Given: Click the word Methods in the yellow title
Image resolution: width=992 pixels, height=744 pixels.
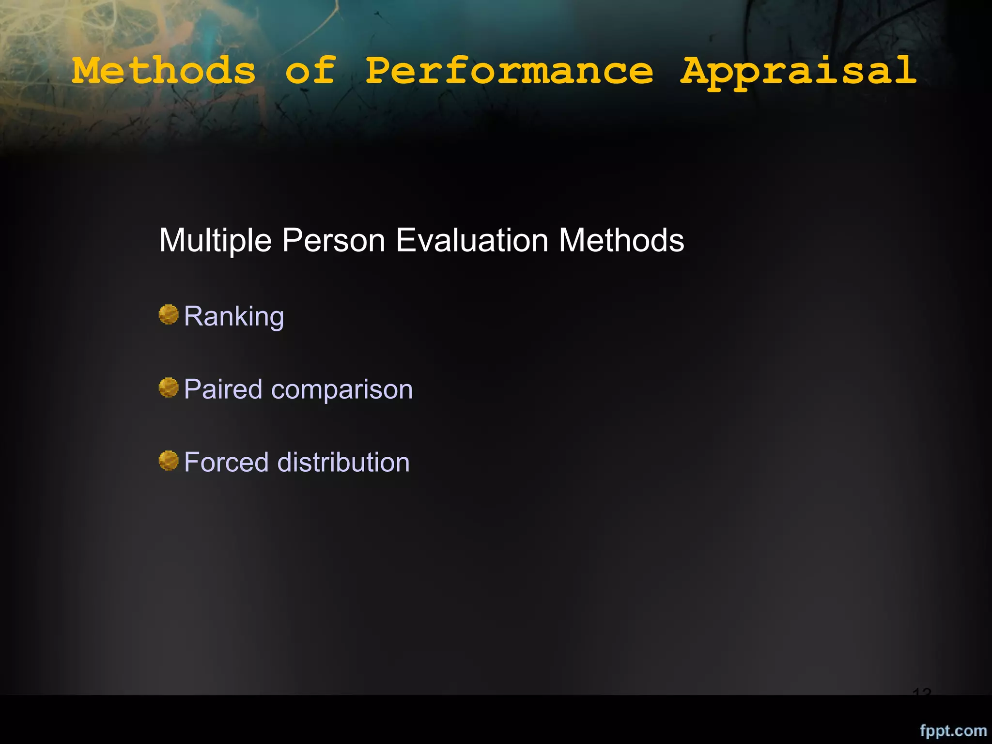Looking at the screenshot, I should [164, 71].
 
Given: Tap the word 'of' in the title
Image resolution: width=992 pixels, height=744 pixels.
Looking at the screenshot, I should [310, 71].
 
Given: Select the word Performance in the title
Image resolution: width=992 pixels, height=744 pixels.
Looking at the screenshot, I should [509, 71].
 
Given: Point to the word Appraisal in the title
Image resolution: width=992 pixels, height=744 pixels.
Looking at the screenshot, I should [798, 72].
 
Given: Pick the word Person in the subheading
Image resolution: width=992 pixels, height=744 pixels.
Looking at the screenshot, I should [334, 241].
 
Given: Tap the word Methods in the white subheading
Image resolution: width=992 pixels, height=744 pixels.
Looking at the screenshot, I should [621, 241].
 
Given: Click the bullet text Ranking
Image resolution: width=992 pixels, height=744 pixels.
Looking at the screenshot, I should [234, 317].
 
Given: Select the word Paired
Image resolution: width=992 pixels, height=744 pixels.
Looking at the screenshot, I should [223, 389].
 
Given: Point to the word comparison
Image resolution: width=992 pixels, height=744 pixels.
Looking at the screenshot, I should [342, 389].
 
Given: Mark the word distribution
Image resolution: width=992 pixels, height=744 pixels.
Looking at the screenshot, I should [343, 462].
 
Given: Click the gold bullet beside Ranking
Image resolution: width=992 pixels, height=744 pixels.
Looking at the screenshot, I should [169, 315].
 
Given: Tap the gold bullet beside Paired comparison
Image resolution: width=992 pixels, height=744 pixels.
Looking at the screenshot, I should [169, 387].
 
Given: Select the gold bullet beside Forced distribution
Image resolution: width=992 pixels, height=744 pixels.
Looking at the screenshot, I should [169, 461].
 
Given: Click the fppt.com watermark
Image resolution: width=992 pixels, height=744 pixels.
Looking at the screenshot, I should [953, 730].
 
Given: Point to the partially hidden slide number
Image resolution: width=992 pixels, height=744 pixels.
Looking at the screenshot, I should [922, 692].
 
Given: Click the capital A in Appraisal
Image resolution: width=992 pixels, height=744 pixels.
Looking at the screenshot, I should [696, 71].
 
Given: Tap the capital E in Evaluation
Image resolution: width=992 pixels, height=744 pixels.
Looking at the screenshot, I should [405, 241].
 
